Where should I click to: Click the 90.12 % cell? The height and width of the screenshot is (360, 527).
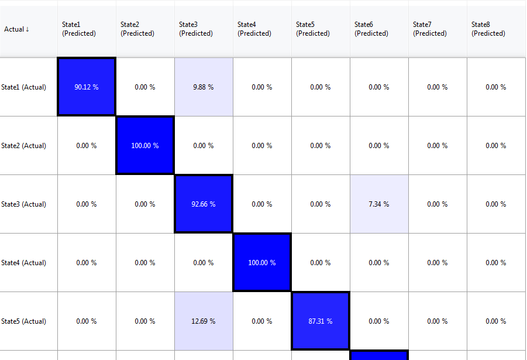click(87, 87)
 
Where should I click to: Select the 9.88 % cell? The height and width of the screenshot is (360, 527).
click(204, 87)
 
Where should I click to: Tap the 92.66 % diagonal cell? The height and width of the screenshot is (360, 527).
click(204, 204)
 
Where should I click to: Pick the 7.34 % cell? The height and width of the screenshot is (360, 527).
click(379, 204)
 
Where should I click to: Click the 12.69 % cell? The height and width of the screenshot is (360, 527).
click(204, 321)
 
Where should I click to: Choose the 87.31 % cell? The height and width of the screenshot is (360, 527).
click(321, 321)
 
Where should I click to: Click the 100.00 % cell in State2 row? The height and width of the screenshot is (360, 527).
click(145, 146)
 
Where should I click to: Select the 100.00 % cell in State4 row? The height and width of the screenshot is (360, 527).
click(262, 263)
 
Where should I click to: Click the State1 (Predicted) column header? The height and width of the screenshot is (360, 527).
click(79, 29)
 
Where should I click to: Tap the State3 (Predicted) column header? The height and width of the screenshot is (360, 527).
click(196, 29)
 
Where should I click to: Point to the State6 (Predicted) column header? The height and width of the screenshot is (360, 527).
click(371, 29)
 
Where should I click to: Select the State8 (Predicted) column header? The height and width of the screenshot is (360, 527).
click(488, 29)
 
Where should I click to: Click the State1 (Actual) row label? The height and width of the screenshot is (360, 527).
click(24, 87)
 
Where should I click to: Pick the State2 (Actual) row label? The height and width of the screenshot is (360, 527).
click(24, 146)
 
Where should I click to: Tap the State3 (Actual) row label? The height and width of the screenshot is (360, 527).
click(24, 204)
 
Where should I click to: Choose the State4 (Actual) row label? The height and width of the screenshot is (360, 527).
click(24, 263)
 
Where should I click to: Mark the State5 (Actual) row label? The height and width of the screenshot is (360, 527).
click(24, 321)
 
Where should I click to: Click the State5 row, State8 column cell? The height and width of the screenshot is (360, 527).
click(496, 321)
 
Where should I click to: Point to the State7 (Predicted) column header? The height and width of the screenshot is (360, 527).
click(430, 29)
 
